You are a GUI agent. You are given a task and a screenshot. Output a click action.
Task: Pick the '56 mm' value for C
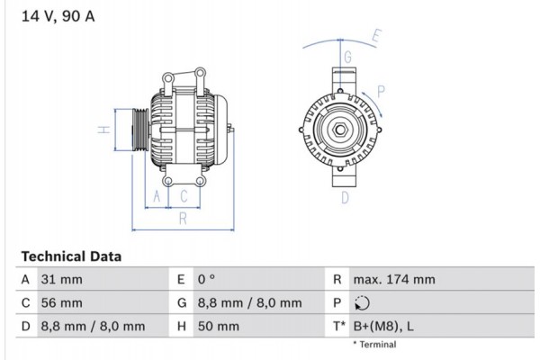tap(61, 303)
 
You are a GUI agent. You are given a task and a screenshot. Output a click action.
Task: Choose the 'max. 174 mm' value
tap(393, 280)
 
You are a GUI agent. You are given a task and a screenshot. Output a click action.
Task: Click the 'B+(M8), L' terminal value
tap(382, 326)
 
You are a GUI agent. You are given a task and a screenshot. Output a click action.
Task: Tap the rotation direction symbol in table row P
tap(362, 303)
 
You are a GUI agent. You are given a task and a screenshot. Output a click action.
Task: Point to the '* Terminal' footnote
tap(373, 344)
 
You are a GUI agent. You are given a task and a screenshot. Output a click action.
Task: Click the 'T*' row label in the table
tap(338, 326)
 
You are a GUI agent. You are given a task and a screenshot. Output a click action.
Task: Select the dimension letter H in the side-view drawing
tap(104, 130)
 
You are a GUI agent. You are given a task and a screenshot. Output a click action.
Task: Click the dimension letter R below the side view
tap(182, 217)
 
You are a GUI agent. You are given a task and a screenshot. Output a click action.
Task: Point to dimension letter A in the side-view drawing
tap(157, 195)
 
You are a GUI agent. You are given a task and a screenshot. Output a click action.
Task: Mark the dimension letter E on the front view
tap(376, 37)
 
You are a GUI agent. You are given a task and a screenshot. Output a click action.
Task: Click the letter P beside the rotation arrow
tap(382, 90)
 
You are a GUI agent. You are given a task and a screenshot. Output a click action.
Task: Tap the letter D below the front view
tap(344, 197)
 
